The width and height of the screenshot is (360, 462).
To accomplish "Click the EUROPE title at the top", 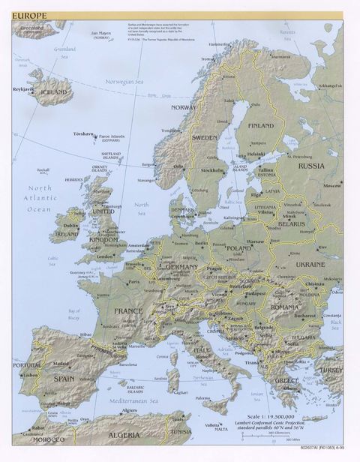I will [x=28, y=15].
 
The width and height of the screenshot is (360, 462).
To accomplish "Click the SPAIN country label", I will [x=64, y=379].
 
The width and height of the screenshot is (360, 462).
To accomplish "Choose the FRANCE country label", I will [x=127, y=310].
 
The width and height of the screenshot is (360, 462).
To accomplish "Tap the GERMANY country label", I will [x=182, y=267].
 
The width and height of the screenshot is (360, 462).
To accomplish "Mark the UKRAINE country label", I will [x=310, y=265].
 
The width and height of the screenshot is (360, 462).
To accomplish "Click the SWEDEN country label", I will [x=204, y=138].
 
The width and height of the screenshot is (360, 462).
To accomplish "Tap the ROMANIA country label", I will [x=285, y=307].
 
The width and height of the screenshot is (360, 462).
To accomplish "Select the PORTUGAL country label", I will [x=27, y=365].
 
